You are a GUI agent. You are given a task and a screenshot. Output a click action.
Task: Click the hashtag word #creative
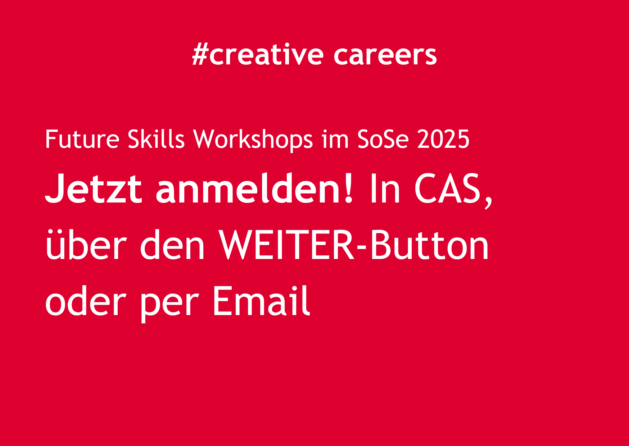(258, 55)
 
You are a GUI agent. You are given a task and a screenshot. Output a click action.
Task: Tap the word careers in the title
(385, 56)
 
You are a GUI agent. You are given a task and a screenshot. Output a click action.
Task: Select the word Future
(82, 139)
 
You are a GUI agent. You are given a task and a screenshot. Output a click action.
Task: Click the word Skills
(156, 139)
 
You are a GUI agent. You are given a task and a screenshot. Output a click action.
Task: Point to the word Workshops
(253, 139)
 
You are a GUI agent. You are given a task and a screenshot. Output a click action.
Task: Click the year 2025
(443, 139)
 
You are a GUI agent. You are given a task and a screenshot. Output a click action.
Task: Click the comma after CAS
(488, 202)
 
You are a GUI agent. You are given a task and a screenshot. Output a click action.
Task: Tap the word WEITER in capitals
(287, 245)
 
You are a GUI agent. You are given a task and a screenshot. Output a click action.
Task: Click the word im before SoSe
(335, 139)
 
